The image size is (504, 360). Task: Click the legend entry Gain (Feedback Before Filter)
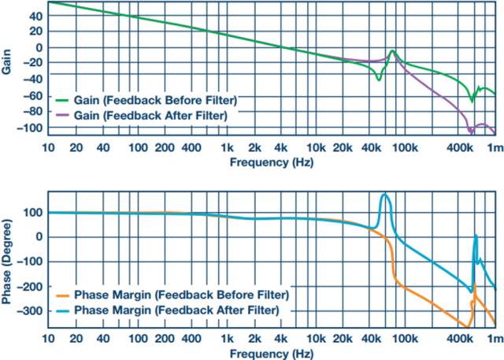(x=156, y=101)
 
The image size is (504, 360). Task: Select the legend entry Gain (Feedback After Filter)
(x=153, y=115)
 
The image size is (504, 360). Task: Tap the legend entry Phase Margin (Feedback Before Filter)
(x=181, y=295)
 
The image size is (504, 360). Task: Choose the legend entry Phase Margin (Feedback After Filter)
(x=177, y=310)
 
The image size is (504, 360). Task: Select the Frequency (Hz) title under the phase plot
(x=272, y=351)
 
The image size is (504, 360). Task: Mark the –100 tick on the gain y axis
(x=31, y=128)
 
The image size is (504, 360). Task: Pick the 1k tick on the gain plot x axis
(x=227, y=148)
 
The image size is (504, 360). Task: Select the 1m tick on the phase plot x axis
(x=495, y=338)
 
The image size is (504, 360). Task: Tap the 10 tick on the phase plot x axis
(x=50, y=338)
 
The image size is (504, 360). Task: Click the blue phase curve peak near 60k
(x=385, y=194)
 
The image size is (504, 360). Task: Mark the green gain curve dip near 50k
(x=379, y=79)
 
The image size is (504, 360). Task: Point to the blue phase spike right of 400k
(x=476, y=235)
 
